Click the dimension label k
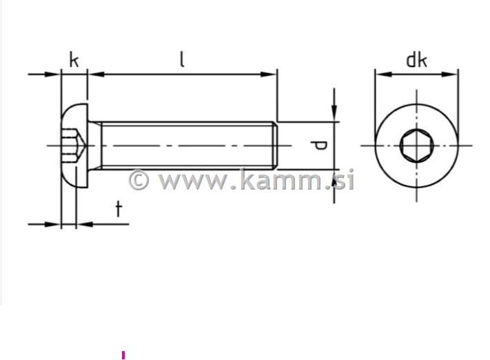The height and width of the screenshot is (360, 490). click(74, 60)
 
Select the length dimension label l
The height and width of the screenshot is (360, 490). click(182, 59)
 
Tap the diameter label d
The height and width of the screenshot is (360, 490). click(319, 146)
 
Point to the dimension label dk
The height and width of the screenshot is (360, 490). click(416, 60)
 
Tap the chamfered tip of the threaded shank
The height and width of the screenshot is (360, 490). click(274, 146)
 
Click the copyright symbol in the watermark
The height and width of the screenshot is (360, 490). click(139, 180)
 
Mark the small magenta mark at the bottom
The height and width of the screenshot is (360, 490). click(123, 355)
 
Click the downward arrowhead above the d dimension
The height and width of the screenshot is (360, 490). click(334, 114)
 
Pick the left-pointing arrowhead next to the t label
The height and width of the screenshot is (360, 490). click(83, 223)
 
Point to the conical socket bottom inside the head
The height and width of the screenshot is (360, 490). click(82, 146)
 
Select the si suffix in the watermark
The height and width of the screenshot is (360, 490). click(345, 180)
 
